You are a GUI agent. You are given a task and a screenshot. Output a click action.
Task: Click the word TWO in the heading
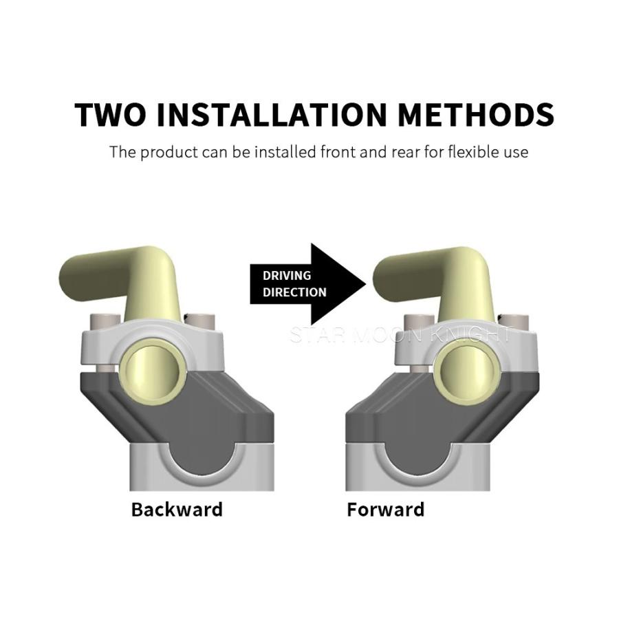click(x=110, y=114)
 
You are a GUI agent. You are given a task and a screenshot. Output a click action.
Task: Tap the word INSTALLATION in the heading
click(x=271, y=114)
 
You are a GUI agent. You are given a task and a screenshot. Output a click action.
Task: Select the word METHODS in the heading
click(x=476, y=114)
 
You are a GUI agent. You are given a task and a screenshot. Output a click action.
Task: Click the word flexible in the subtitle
click(x=470, y=152)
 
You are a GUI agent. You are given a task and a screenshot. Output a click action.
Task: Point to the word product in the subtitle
click(x=169, y=153)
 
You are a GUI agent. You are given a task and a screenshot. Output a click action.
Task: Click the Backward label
click(x=177, y=509)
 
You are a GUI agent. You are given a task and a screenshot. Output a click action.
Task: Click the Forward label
click(x=386, y=509)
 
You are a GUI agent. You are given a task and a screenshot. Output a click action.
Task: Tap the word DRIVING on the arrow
click(x=287, y=275)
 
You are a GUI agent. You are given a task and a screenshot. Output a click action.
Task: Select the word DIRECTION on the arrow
click(x=294, y=292)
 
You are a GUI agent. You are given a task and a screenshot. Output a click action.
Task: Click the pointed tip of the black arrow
click(x=367, y=283)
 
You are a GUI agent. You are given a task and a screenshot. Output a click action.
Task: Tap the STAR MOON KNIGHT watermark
click(x=400, y=335)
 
